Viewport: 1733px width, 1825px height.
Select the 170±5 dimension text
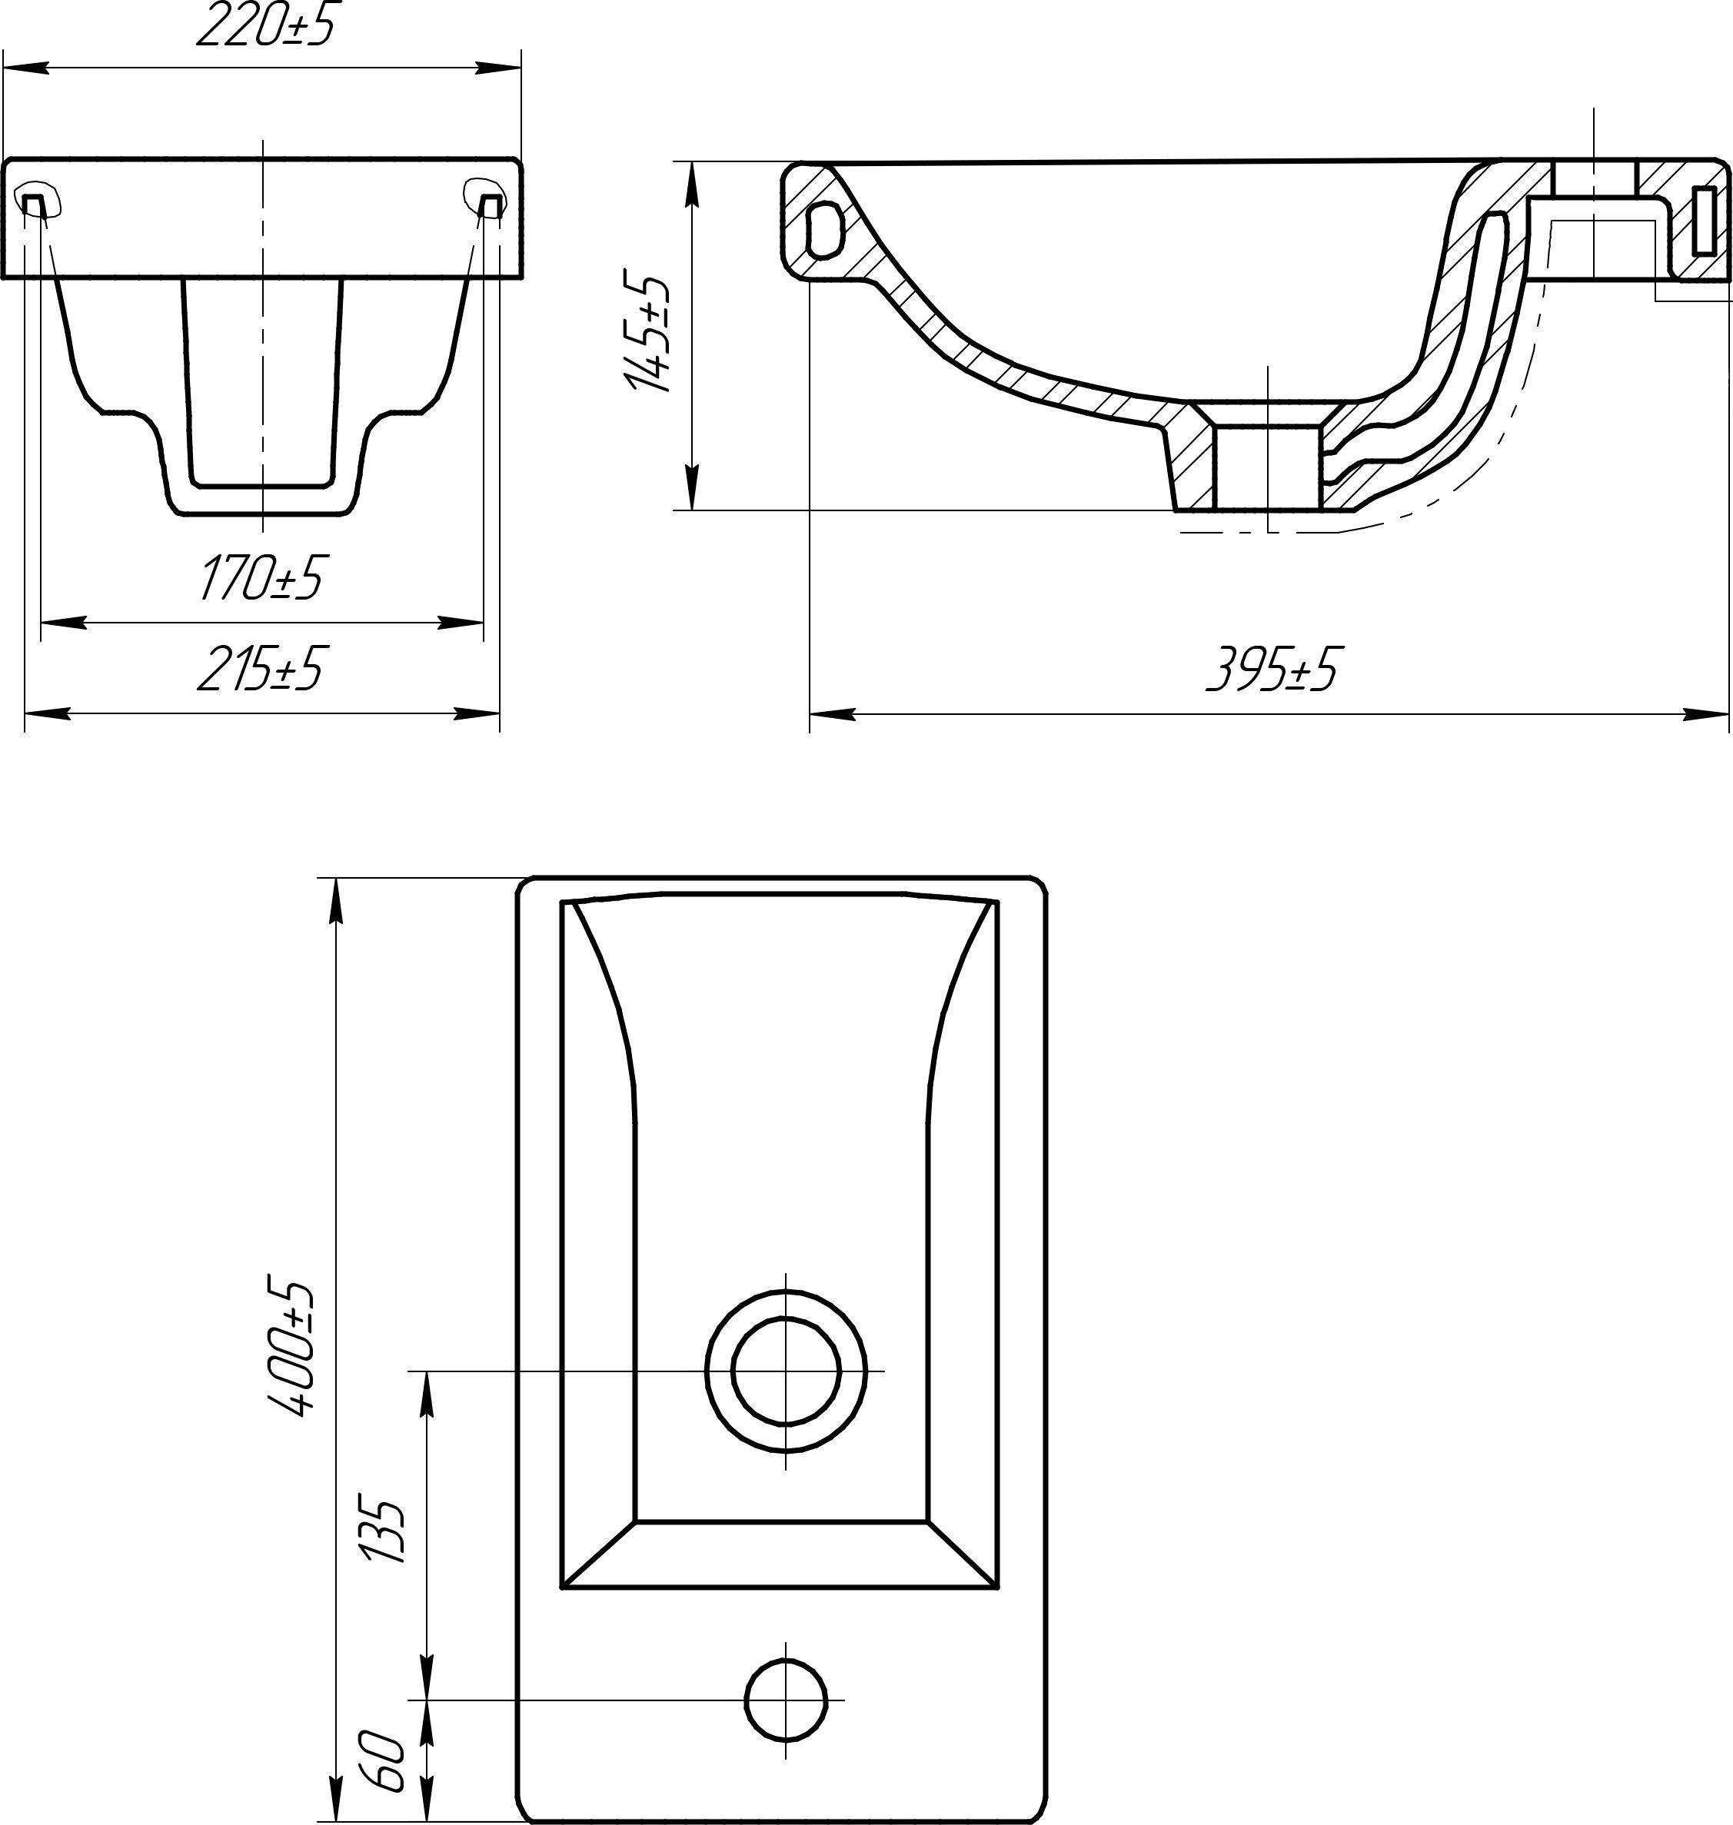click(261, 578)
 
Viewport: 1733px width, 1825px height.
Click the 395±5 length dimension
click(1271, 669)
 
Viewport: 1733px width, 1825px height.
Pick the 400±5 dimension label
click(291, 1348)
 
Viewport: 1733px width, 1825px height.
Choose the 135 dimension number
click(382, 1532)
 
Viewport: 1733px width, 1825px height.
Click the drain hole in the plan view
click(786, 1371)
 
